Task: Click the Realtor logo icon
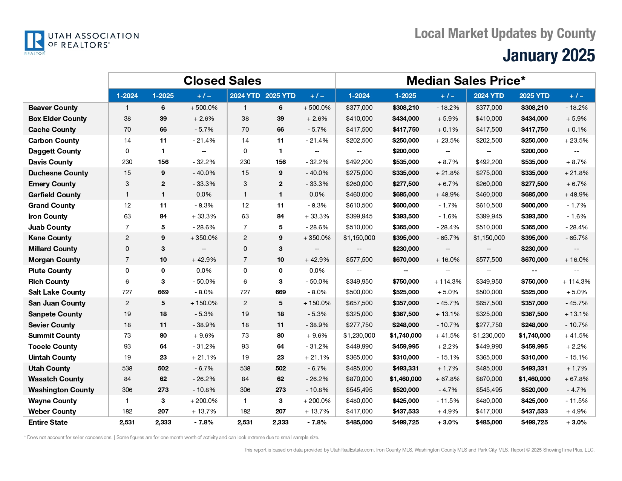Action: tap(35, 41)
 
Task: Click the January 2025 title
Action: tap(548, 55)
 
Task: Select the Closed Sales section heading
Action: tap(222, 81)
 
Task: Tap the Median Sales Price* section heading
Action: tap(466, 81)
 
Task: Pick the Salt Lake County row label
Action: tap(57, 292)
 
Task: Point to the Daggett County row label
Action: tap(54, 151)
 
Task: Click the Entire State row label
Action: tap(48, 423)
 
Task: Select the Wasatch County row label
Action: tap(56, 379)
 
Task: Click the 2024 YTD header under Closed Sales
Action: tap(245, 96)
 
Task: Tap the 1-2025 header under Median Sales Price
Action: tap(405, 96)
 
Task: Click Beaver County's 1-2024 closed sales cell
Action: tap(127, 108)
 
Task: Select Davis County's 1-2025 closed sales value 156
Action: tap(163, 162)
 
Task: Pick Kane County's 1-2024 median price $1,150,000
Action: tap(359, 238)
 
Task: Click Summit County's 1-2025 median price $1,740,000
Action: tap(405, 336)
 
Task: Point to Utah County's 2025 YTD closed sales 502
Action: tap(280, 369)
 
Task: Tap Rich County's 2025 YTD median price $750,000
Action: tap(534, 282)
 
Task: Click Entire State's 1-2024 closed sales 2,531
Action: tap(127, 423)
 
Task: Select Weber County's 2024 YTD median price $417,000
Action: tap(489, 412)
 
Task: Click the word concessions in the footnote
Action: tap(99, 438)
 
